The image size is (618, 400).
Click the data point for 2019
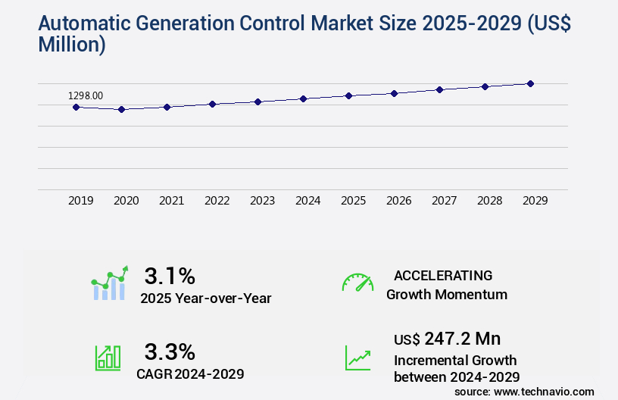click(76, 107)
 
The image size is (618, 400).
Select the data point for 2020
click(121, 109)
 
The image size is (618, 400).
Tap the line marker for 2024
click(303, 98)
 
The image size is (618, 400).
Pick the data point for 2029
click(530, 83)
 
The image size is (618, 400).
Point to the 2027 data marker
click(439, 89)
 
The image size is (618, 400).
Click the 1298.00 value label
click(86, 95)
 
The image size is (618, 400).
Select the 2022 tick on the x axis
click(217, 201)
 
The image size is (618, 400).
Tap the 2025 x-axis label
click(353, 201)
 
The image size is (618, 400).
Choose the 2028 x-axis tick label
click(489, 201)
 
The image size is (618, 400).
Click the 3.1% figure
click(170, 275)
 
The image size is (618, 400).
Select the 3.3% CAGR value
click(170, 352)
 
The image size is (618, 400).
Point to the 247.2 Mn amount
click(462, 338)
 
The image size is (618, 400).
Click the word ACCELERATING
click(443, 275)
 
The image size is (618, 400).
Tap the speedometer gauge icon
click(357, 283)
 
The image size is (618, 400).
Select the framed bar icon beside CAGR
click(108, 358)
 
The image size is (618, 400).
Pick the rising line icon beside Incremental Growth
click(357, 358)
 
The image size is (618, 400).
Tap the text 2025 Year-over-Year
click(205, 298)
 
